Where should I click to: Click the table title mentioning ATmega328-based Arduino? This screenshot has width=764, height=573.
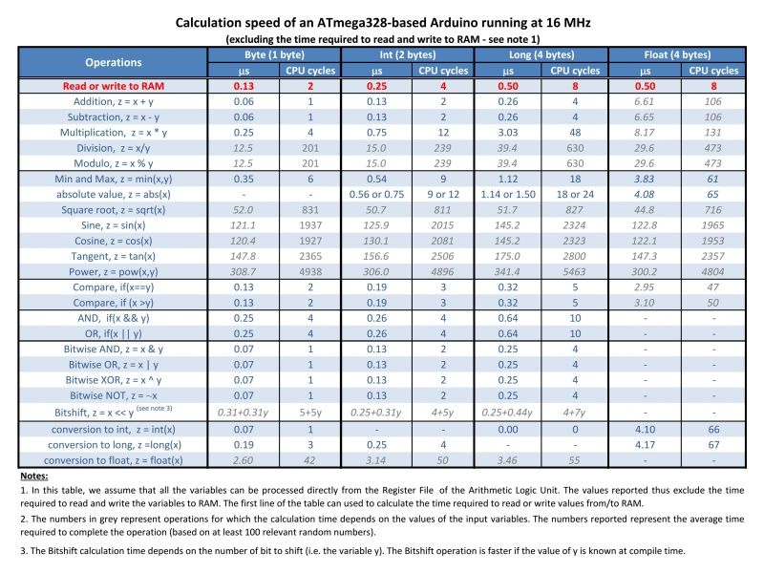[383, 22]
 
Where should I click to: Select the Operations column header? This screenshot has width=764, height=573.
[114, 62]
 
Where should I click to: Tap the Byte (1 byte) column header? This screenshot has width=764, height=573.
[274, 54]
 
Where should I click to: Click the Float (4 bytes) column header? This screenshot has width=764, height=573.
[677, 54]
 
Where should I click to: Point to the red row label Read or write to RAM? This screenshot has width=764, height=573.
[114, 86]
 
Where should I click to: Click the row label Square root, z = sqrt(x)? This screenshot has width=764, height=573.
[114, 210]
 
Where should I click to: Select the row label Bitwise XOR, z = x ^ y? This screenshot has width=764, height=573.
[114, 380]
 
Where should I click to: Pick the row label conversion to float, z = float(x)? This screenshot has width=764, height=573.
[114, 460]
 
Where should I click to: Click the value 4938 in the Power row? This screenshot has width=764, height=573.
[310, 272]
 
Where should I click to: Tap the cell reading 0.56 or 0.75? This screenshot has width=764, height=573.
[376, 195]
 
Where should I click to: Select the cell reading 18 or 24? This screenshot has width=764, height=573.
[576, 195]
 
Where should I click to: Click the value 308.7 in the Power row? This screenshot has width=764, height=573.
[244, 272]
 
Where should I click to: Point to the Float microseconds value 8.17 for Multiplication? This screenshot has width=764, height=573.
[644, 133]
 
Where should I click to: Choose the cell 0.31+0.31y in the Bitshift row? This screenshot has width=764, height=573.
[244, 413]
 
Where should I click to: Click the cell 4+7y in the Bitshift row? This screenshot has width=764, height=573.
[576, 413]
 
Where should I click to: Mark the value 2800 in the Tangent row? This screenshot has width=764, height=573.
[575, 256]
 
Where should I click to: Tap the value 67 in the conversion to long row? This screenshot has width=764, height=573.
[713, 445]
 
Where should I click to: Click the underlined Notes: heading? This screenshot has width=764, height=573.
[34, 476]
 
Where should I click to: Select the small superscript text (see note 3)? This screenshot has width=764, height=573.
[154, 409]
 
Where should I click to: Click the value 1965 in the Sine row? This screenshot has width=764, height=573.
[712, 225]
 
